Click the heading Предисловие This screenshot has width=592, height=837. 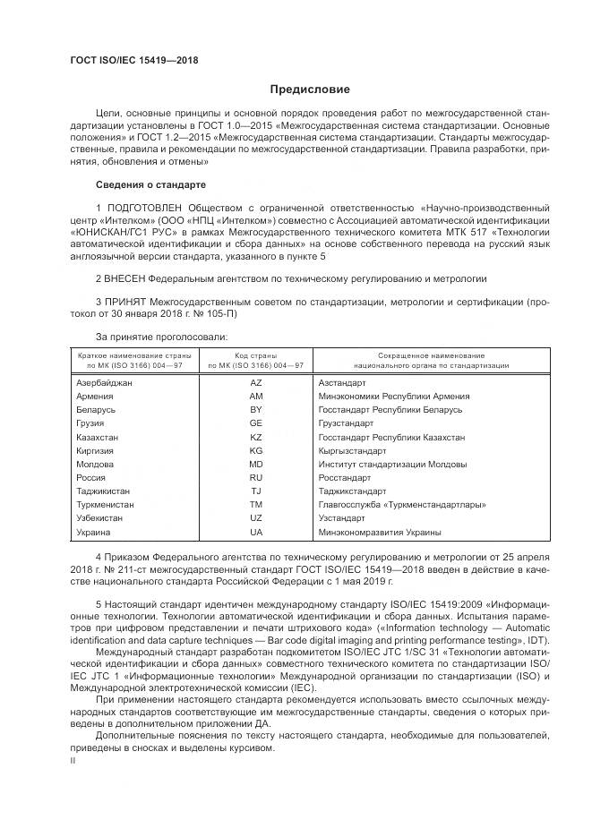coord(311,90)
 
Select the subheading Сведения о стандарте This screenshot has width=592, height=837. coord(150,184)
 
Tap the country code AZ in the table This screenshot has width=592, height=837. coord(256,382)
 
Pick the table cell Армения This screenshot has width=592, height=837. coord(96,396)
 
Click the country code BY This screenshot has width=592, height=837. coord(256,409)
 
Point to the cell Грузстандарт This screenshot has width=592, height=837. coord(346,423)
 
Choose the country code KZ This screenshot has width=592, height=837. coord(256,437)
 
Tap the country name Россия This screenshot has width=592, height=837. coord(93,478)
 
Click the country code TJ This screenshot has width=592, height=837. coord(256,491)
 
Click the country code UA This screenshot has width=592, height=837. coord(256,533)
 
